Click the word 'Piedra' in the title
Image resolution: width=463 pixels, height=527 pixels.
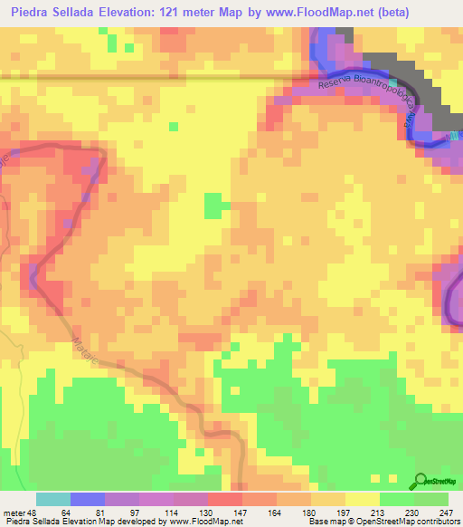(29, 13)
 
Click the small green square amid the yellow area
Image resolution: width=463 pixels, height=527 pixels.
(213, 206)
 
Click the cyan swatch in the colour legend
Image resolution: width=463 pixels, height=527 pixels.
(53, 498)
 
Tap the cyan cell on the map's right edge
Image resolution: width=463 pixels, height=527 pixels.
(456, 136)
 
